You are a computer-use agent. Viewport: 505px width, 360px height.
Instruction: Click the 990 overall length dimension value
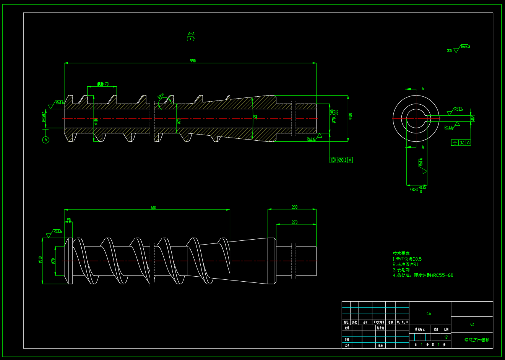pyautogui.click(x=193, y=61)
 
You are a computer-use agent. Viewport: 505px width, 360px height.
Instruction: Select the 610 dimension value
pyautogui.click(x=153, y=208)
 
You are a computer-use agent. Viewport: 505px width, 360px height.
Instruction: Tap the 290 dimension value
pyautogui.click(x=294, y=207)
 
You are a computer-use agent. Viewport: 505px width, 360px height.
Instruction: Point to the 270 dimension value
pyautogui.click(x=294, y=222)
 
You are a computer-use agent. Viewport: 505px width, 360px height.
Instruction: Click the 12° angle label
pyautogui.click(x=161, y=96)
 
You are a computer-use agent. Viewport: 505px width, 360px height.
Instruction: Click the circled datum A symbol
pyautogui.click(x=46, y=140)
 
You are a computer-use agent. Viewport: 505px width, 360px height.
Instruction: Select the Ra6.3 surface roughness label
pyautogui.click(x=466, y=47)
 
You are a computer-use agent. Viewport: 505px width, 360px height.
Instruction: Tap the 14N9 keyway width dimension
pyautogui.click(x=473, y=118)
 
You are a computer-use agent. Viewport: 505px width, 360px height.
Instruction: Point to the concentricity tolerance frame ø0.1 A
pyautogui.click(x=341, y=160)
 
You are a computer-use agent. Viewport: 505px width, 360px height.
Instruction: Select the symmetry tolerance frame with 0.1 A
pyautogui.click(x=461, y=143)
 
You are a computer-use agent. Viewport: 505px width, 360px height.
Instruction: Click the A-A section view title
pyautogui.click(x=191, y=34)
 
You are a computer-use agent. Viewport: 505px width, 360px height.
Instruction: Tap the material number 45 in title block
pyautogui.click(x=429, y=313)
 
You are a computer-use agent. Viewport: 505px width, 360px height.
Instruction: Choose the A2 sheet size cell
pyautogui.click(x=472, y=324)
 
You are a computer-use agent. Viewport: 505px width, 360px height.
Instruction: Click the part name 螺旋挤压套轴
pyautogui.click(x=477, y=340)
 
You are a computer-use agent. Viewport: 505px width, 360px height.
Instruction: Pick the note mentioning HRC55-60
pyautogui.click(x=423, y=275)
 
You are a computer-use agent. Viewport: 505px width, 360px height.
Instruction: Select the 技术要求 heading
pyautogui.click(x=401, y=253)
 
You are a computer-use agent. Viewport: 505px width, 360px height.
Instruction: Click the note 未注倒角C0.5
pyautogui.click(x=407, y=259)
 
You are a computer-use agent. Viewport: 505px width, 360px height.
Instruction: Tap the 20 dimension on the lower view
pyautogui.click(x=69, y=220)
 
